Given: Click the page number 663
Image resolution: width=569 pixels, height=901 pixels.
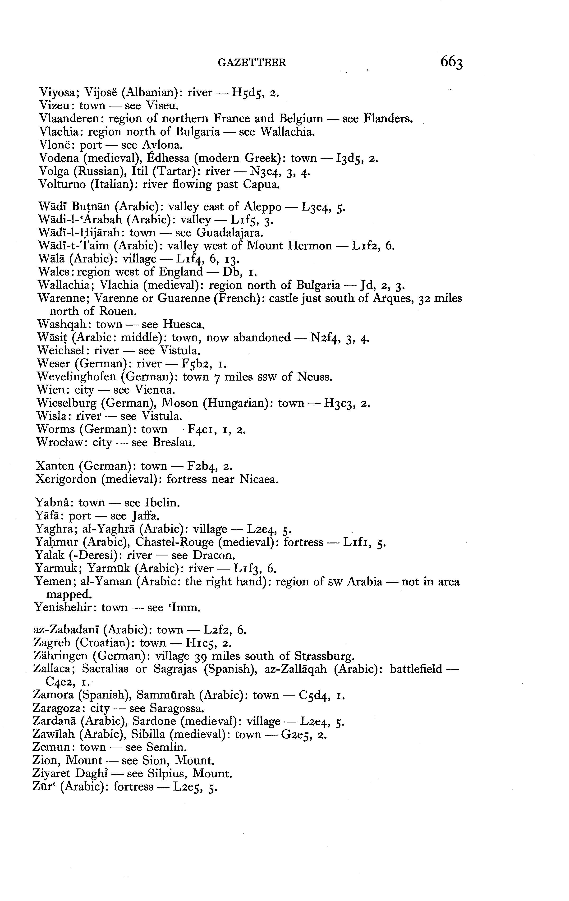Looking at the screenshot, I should click(x=452, y=62).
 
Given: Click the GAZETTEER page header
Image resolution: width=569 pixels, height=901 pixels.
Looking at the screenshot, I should click(x=252, y=63).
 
